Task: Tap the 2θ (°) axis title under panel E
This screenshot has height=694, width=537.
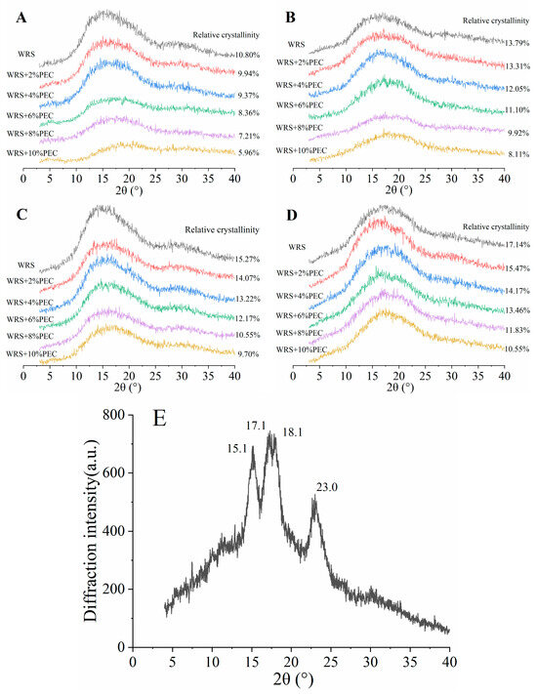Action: [290, 682]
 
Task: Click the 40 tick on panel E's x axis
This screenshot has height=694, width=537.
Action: [448, 660]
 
